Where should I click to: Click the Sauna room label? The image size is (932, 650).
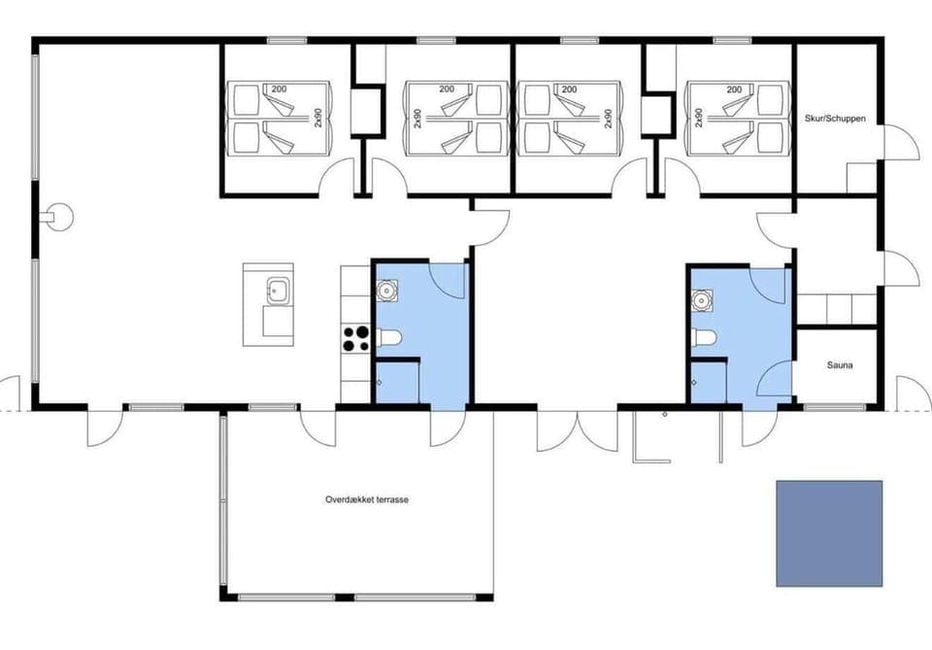tap(840, 365)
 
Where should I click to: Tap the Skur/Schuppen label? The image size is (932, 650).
tap(835, 119)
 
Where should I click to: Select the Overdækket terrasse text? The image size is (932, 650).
tap(367, 499)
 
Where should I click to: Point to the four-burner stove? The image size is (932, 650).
tap(356, 338)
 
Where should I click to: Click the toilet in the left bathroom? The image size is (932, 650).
tap(388, 338)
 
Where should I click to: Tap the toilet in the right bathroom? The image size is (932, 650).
tap(705, 338)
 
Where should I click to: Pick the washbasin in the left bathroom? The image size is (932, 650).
tap(386, 289)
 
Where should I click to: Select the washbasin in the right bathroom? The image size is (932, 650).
tap(700, 301)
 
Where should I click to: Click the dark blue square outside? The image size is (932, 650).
tap(829, 533)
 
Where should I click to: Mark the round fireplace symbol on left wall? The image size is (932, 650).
tap(59, 215)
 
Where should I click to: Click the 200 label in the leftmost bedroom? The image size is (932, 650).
tap(280, 89)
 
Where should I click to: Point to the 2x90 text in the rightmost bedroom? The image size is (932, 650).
tap(699, 118)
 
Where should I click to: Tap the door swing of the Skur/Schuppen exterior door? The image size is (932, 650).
tap(901, 143)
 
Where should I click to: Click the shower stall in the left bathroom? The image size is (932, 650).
tap(397, 381)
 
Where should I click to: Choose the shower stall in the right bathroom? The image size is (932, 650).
tap(709, 381)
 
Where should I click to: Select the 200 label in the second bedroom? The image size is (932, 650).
tap(447, 89)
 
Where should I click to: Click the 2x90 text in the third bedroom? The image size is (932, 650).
tap(608, 118)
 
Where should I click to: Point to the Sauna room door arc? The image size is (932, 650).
tap(777, 379)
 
